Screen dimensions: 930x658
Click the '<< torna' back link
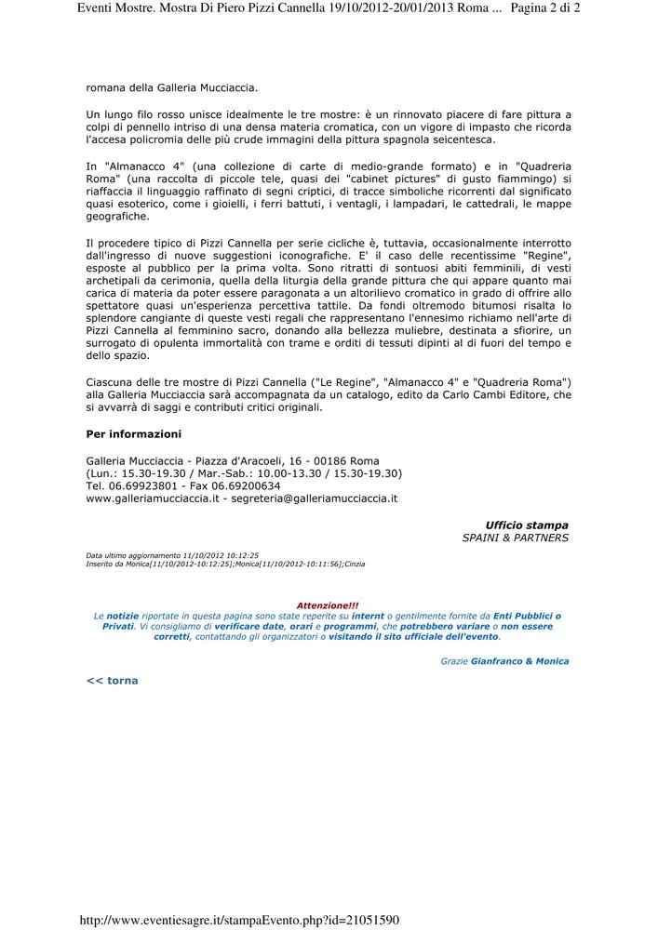pos(112,681)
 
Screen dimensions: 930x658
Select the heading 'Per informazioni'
pos(133,433)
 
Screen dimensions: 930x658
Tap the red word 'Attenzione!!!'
pos(327,604)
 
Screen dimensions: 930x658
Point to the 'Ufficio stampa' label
pos(527,525)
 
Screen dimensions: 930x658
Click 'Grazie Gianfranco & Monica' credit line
pos(504,661)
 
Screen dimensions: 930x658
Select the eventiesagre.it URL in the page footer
pos(240,921)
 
